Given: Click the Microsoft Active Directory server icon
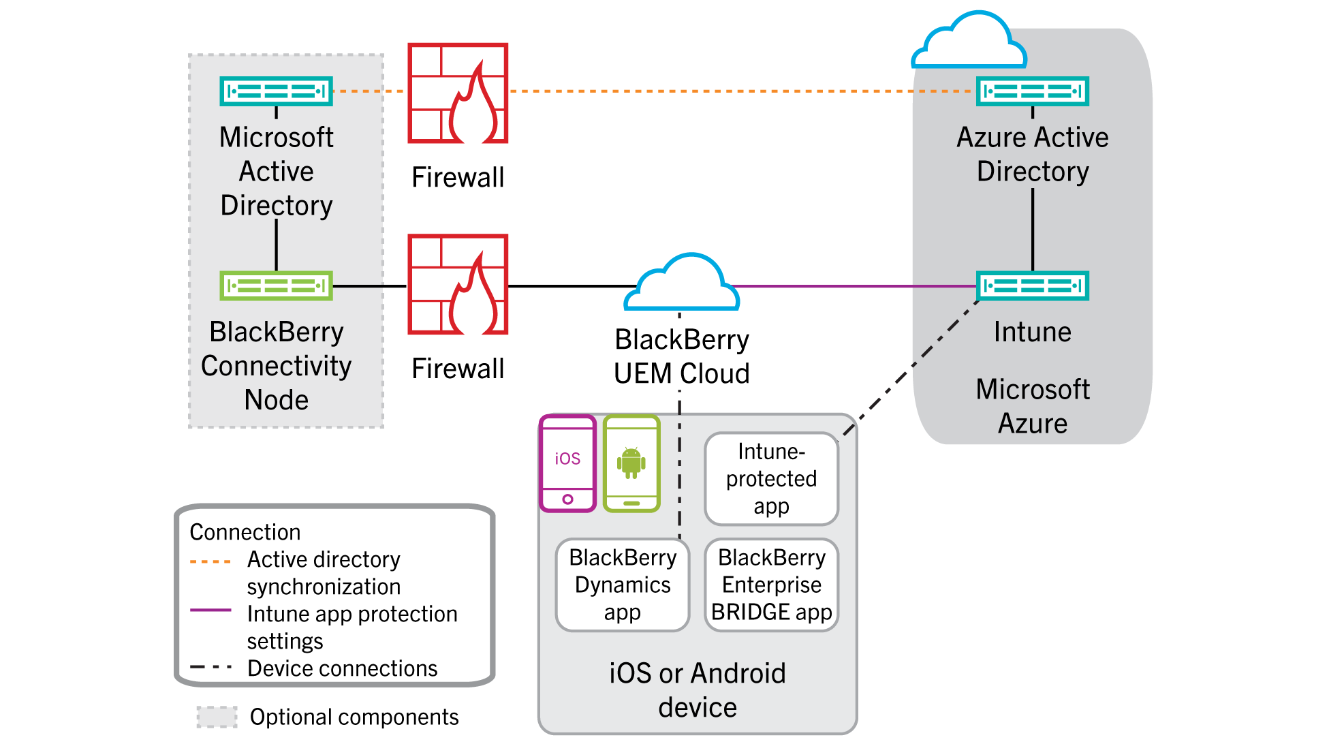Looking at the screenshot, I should [276, 91].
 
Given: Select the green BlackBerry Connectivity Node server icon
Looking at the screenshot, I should [276, 285].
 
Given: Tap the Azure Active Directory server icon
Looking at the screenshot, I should [1032, 91].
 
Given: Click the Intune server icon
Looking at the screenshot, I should [1032, 285].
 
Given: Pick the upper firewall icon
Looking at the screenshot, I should [458, 93].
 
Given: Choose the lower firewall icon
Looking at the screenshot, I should [458, 285].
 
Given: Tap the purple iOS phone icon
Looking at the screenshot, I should [567, 463].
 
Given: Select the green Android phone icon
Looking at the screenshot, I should [631, 463].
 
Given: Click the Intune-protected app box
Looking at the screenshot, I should [771, 479].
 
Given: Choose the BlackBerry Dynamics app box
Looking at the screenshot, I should [623, 585].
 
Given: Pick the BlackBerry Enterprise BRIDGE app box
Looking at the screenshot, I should [771, 585].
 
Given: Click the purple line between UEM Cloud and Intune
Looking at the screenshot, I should [851, 286].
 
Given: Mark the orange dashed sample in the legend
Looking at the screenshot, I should [210, 561].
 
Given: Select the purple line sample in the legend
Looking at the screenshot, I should [210, 610].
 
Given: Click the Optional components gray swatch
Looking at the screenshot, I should [217, 717].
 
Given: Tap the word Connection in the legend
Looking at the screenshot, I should [245, 532].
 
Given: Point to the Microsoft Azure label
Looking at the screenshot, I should [1032, 406].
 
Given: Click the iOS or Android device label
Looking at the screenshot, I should [697, 689].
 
